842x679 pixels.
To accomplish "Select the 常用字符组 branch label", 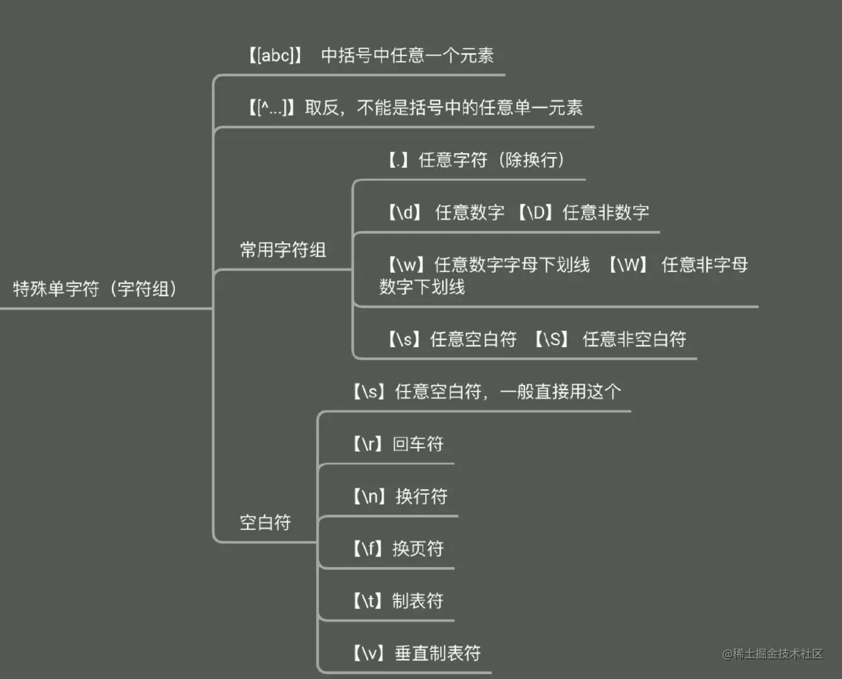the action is pos(283,250).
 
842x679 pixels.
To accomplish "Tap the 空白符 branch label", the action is pos(265,522).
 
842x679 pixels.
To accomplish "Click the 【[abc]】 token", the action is pos(275,55).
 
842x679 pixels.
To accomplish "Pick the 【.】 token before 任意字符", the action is pos(399,160).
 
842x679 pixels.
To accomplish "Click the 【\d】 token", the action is pos(404,213).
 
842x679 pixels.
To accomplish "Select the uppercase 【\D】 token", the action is pos(536,213).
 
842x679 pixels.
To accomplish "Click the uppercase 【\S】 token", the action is pos(551,339).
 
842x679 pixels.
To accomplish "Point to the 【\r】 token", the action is pos(367,444).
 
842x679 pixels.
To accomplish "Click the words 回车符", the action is pos(418,444).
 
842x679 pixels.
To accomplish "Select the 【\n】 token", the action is pos(368,496).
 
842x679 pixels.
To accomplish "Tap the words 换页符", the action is pos(418,548).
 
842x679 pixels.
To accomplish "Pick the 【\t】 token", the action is pos(367,600).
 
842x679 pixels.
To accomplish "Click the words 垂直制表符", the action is pos(438,653).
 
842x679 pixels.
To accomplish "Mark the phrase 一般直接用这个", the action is pos(560,392).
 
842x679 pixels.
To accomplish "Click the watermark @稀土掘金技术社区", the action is pos(772,654).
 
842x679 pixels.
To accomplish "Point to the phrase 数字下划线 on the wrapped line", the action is pos(422,287).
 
